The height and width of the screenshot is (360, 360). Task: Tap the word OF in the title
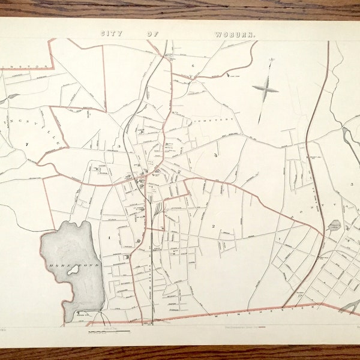pyautogui.click(x=153, y=35)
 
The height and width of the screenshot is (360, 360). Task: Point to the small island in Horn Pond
pyautogui.click(x=74, y=270)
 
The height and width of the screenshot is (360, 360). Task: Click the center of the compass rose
pyautogui.click(x=265, y=89)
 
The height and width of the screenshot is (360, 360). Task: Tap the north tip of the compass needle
pyautogui.click(x=271, y=59)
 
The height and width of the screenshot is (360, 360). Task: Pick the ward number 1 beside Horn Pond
pyautogui.click(x=109, y=238)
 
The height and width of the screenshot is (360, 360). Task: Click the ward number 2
pyautogui.click(x=213, y=226)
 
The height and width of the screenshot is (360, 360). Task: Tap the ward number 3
pyautogui.click(x=119, y=146)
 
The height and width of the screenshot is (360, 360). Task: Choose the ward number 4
pyautogui.click(x=214, y=155)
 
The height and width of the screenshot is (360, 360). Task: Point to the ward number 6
pyautogui.click(x=193, y=65)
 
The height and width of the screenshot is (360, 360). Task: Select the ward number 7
pyautogui.click(x=27, y=144)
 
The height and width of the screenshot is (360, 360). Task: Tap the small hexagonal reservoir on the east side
pyautogui.click(x=335, y=226)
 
